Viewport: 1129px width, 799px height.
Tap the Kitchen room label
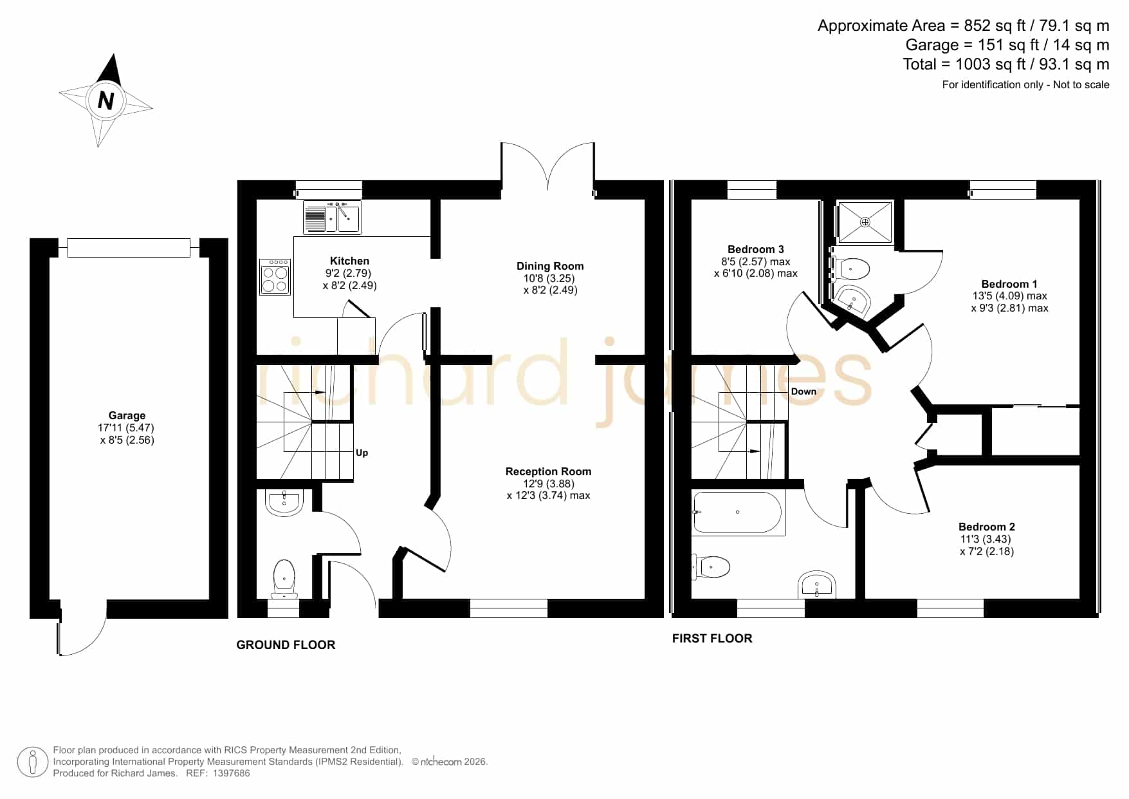pyautogui.click(x=349, y=261)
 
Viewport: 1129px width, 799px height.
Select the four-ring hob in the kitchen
pyautogui.click(x=275, y=277)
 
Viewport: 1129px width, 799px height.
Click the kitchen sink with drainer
pyautogui.click(x=332, y=216)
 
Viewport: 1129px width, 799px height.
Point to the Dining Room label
pyautogui.click(x=550, y=266)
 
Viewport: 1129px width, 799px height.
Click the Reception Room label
pyautogui.click(x=548, y=471)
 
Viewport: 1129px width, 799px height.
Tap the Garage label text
pyautogui.click(x=127, y=415)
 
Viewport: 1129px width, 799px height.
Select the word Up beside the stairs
pyautogui.click(x=362, y=453)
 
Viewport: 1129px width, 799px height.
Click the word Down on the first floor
pyautogui.click(x=803, y=391)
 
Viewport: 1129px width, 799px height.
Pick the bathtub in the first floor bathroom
pyautogui.click(x=738, y=512)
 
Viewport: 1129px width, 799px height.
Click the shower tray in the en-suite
pyautogui.click(x=865, y=222)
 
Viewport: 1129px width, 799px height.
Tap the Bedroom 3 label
pyautogui.click(x=756, y=249)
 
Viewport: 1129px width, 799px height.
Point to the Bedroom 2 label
pyautogui.click(x=987, y=527)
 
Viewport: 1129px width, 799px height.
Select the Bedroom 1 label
pyautogui.click(x=1009, y=284)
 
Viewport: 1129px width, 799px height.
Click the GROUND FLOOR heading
pyautogui.click(x=286, y=644)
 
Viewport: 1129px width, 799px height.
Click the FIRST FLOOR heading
pyautogui.click(x=712, y=638)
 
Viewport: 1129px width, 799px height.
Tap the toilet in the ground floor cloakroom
pyautogui.click(x=284, y=578)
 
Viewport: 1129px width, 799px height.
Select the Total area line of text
pyautogui.click(x=1006, y=64)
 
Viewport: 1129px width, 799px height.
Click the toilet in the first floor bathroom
pyautogui.click(x=711, y=567)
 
